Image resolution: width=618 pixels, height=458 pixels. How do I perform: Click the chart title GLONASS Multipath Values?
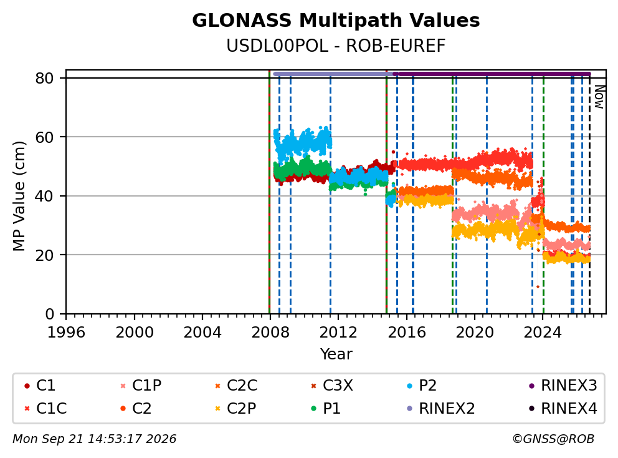336,21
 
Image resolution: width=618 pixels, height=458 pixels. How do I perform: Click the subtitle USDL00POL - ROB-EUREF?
336,46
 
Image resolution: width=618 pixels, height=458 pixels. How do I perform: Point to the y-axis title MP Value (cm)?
19,196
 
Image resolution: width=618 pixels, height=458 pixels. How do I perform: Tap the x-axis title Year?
336,354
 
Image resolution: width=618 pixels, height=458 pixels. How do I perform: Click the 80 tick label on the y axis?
44,78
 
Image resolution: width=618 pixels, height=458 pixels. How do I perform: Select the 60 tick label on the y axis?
44,137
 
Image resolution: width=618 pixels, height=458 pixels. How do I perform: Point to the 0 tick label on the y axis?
49,314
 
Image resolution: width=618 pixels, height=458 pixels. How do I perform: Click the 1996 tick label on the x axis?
66,333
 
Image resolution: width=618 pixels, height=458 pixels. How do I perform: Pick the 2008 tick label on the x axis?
270,333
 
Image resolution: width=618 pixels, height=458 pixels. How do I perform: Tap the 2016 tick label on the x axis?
406,333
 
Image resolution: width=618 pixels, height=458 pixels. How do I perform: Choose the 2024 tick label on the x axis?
543,333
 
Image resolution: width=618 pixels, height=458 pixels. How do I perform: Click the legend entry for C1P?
141,386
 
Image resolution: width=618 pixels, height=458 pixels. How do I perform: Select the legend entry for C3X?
331,386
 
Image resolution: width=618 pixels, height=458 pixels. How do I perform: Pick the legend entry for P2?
422,386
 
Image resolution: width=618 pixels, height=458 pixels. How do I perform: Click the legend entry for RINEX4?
563,408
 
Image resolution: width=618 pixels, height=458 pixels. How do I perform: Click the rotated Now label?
599,97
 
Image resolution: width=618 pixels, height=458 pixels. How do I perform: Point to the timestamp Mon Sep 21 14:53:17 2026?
95,439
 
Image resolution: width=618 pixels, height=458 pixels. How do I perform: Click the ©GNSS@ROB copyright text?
553,439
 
